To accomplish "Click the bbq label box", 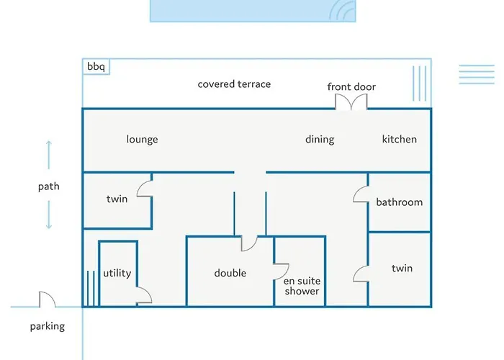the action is click(96, 66).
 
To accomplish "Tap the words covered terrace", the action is click(234, 84).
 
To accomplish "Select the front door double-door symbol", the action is click(351, 102).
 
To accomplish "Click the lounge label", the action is click(142, 139).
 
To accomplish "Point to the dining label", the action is click(320, 139).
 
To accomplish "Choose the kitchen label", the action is click(399, 139).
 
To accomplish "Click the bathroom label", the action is click(399, 202).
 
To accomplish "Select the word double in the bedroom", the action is click(230, 273).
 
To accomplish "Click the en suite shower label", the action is click(302, 286).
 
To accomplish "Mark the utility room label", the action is click(117, 273).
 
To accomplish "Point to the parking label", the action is click(48, 327).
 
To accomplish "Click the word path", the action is click(48, 186).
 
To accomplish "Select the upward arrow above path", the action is click(48, 155).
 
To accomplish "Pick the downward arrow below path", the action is click(48, 215).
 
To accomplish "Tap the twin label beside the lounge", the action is click(117, 199).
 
